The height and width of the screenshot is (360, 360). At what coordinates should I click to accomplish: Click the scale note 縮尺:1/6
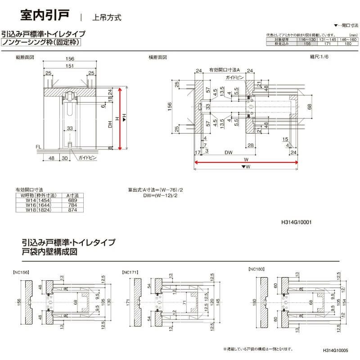[320, 57]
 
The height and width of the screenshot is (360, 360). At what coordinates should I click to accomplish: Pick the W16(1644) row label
[38, 205]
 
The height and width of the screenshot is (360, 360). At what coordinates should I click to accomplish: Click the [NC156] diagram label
[21, 271]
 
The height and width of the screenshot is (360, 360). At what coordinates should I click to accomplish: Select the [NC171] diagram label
[130, 271]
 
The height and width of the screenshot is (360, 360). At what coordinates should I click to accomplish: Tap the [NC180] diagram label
[256, 269]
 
